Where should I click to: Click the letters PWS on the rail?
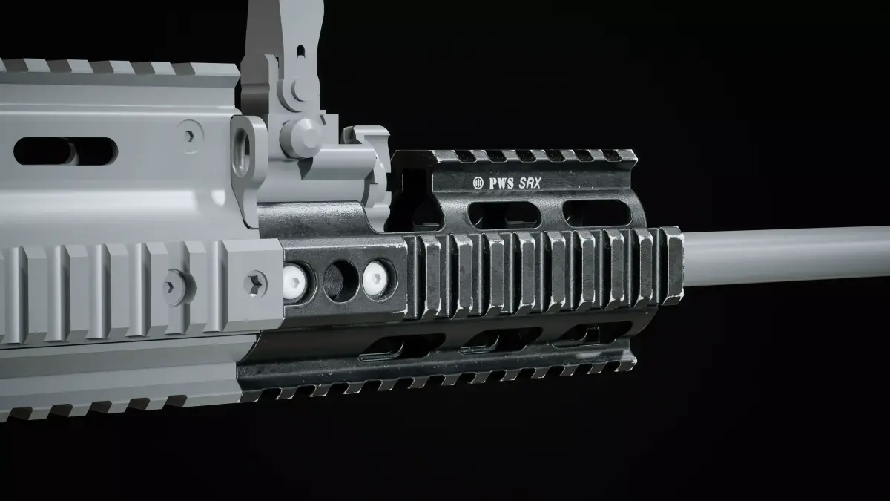[501, 183]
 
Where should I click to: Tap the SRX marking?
[530, 183]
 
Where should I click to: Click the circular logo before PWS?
[478, 183]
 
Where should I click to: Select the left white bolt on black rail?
[295, 281]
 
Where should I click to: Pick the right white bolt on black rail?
[376, 279]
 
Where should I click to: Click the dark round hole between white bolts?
[341, 281]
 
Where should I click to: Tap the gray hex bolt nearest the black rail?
[254, 284]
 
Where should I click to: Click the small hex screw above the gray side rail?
[190, 137]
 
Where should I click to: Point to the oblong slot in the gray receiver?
[66, 151]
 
